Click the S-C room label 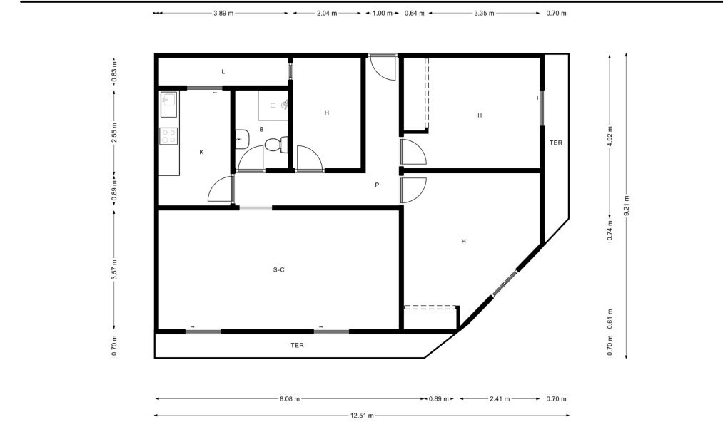[278, 269]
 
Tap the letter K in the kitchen [201, 152]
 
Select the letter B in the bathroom [261, 130]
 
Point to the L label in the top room [223, 72]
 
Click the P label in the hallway [377, 185]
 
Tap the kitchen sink [168, 105]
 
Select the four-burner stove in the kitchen [168, 136]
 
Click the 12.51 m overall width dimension [362, 416]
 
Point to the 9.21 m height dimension [626, 205]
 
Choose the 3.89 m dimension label [223, 14]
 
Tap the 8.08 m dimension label [290, 399]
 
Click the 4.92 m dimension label [610, 136]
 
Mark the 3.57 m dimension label [114, 269]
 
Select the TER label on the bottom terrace [297, 345]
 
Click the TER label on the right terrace [555, 143]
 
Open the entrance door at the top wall [383, 67]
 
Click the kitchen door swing [221, 189]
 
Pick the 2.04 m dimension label [326, 14]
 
